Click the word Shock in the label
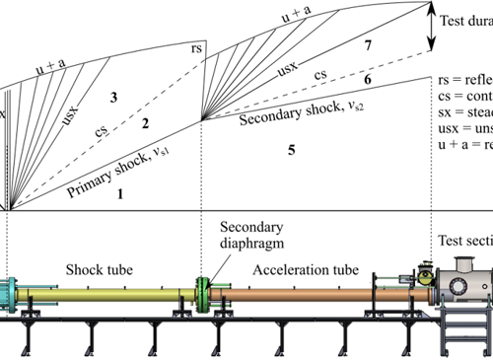[x=83, y=269]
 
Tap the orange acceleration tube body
[x=296, y=293]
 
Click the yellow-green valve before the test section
[x=425, y=277]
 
